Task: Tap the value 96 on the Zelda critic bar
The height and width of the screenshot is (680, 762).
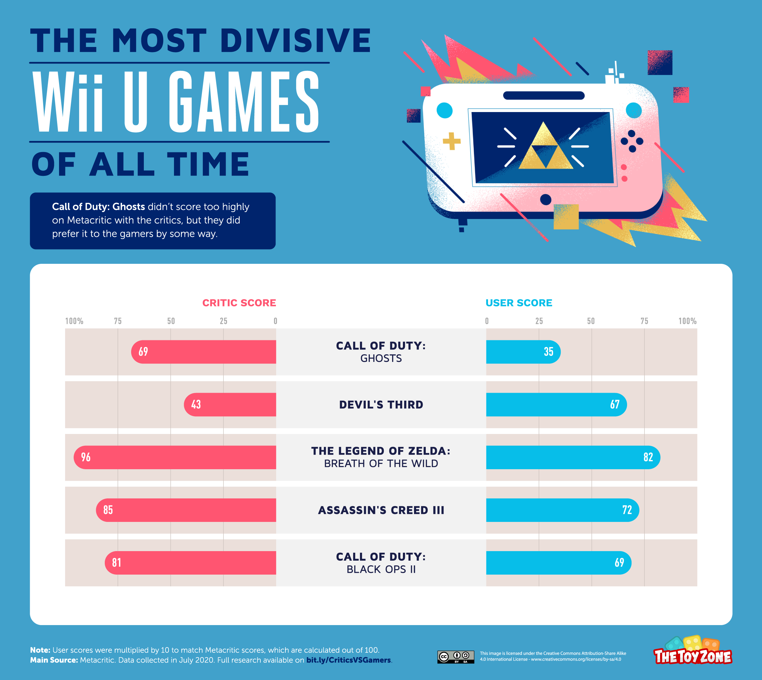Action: tap(86, 457)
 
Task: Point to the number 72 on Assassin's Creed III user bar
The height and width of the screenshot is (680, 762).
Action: tap(627, 510)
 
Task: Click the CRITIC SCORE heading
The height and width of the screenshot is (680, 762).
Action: tap(239, 303)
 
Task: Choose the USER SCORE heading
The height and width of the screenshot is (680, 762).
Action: tap(519, 303)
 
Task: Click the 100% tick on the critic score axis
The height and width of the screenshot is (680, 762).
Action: tap(74, 321)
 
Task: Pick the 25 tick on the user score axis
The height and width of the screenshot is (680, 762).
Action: tap(539, 321)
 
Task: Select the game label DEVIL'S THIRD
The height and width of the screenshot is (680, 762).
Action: tap(381, 405)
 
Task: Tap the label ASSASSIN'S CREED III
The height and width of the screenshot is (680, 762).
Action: tap(381, 510)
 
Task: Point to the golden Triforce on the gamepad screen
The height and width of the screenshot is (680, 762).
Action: tap(545, 148)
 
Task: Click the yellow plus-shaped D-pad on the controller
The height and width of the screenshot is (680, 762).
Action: tap(451, 141)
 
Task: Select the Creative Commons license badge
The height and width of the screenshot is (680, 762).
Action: tap(456, 657)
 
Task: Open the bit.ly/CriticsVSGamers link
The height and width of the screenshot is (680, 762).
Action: tap(348, 660)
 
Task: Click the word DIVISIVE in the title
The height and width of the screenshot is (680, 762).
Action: tap(295, 41)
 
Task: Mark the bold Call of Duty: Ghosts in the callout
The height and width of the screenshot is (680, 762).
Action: tap(98, 207)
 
